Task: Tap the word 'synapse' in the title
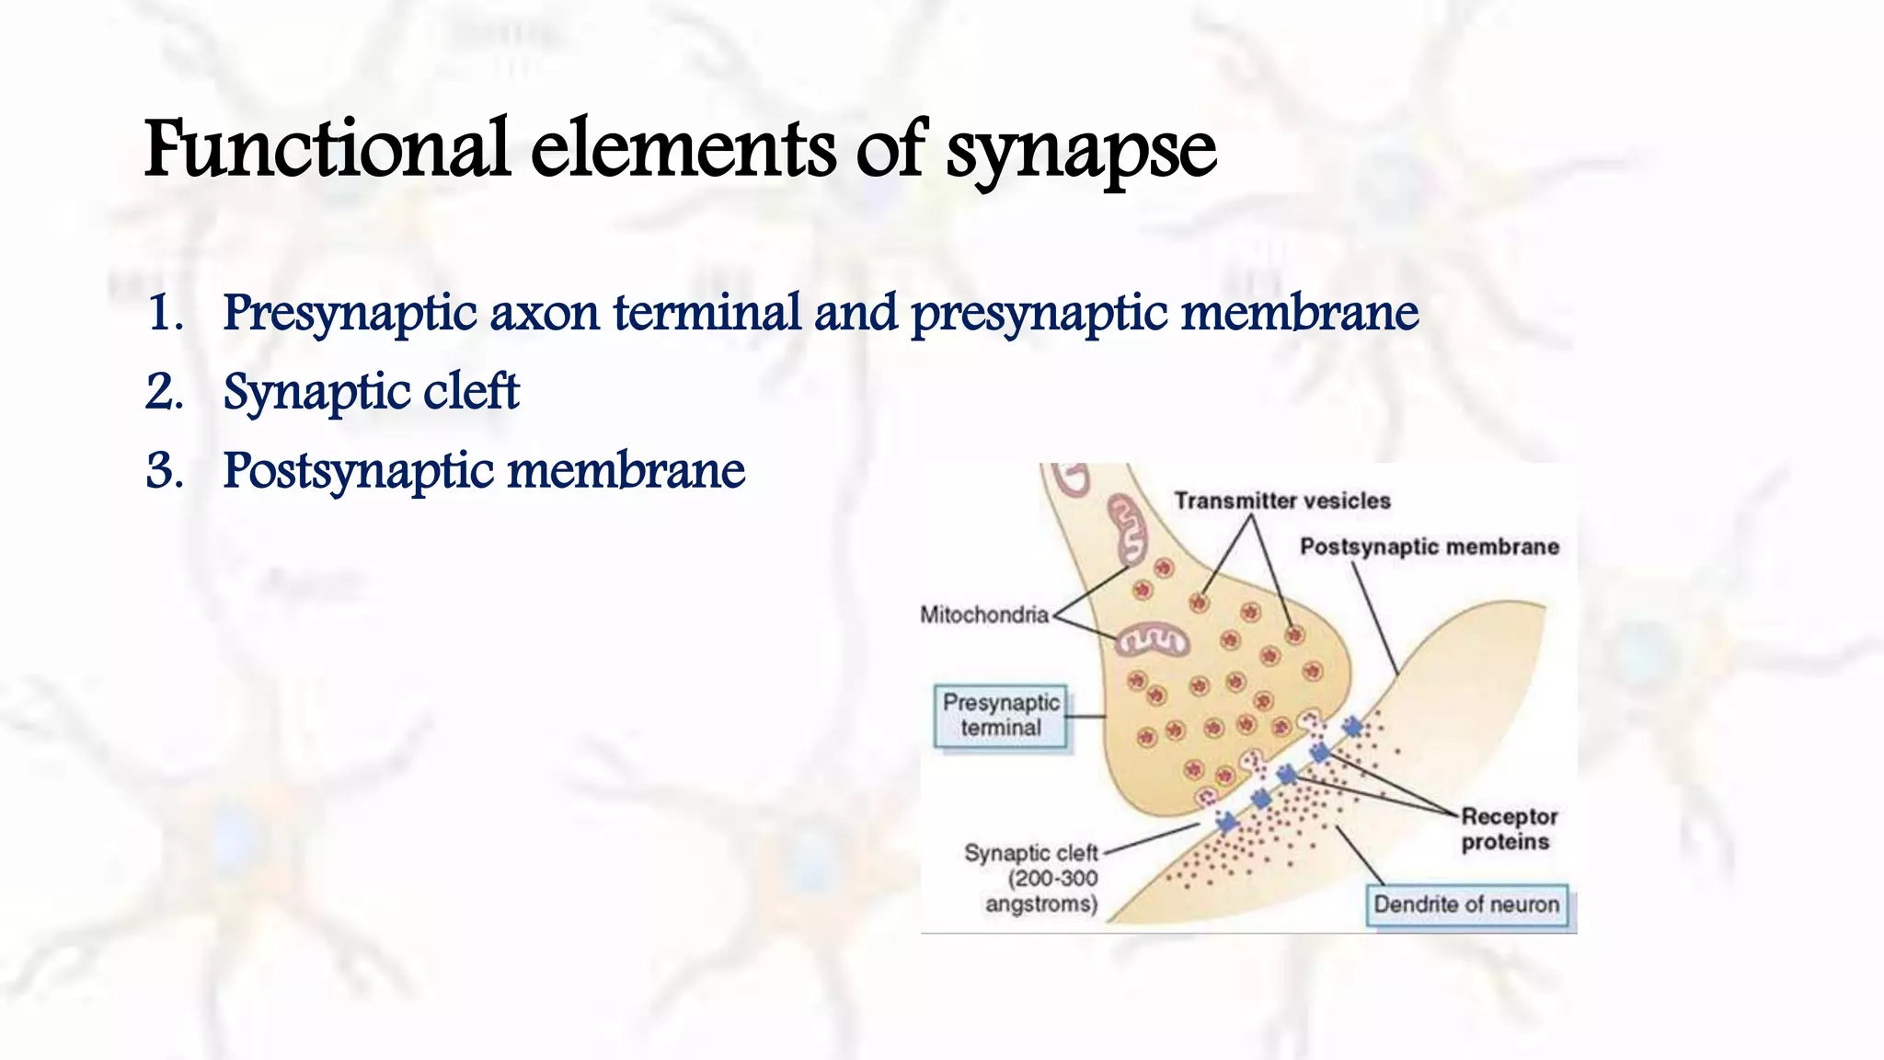pos(1082,152)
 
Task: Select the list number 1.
pos(165,313)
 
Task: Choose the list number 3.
pos(165,471)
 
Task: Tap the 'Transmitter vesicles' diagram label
pos(1282,501)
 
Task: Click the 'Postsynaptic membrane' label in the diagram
pos(1430,547)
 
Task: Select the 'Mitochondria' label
pos(984,614)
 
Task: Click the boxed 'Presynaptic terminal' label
pos(1001,715)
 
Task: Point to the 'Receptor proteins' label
pos(1509,829)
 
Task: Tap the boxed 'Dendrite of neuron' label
pos(1466,904)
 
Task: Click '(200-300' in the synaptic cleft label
pos(1052,879)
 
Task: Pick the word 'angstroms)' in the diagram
pos(1041,904)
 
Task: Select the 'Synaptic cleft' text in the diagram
pos(1030,853)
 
